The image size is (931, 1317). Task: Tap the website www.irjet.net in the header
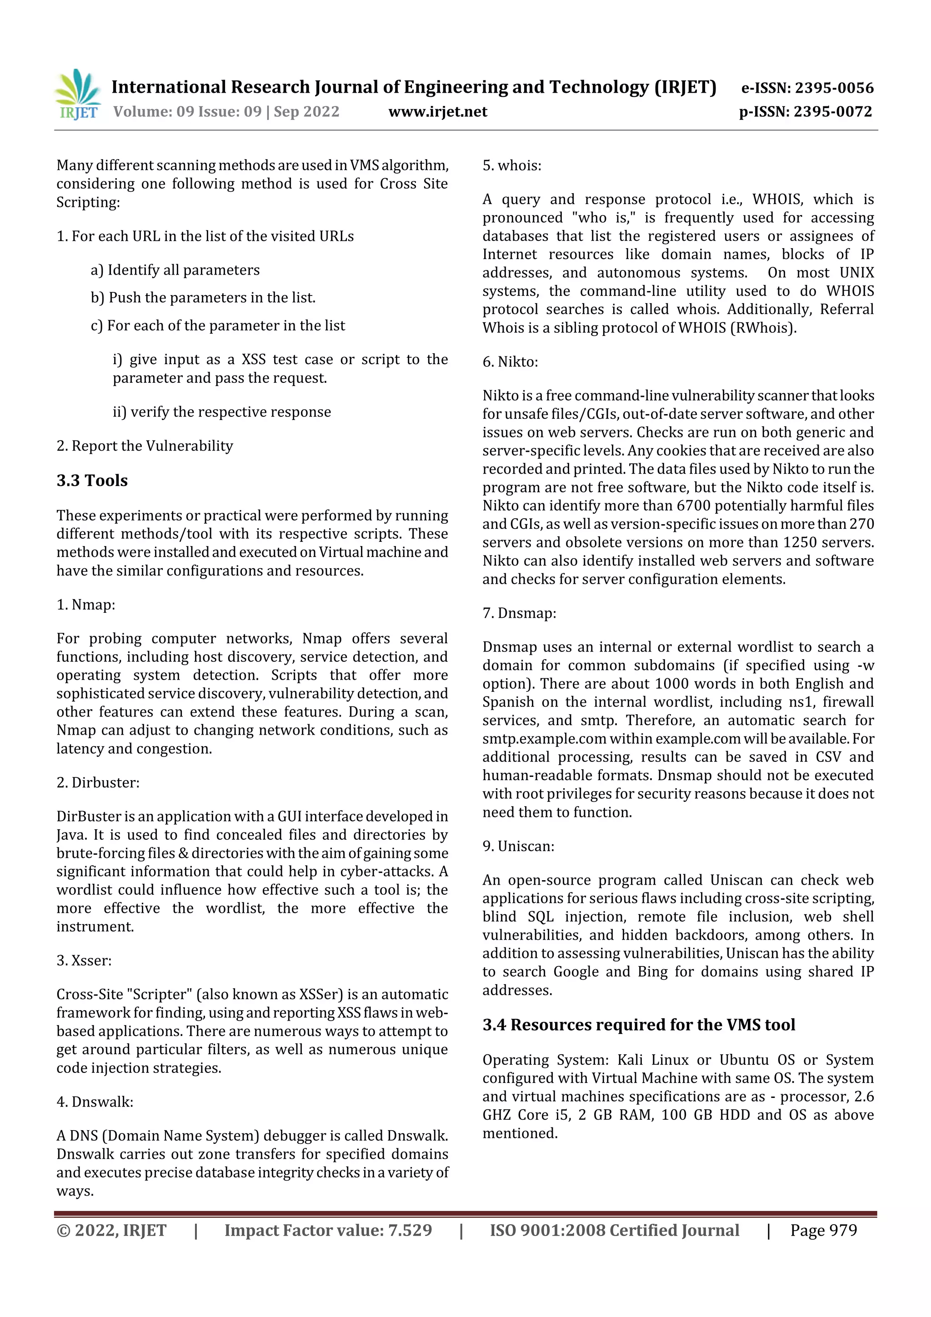coord(438,111)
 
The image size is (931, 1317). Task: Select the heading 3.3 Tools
coord(92,480)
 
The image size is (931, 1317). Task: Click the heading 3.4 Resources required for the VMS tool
coord(638,1025)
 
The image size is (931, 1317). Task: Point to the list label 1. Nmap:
coord(85,605)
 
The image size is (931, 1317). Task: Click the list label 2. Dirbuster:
coord(98,782)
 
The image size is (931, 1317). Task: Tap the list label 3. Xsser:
coord(84,960)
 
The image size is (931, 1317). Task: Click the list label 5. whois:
coord(512,166)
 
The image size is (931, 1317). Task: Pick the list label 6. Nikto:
coord(510,361)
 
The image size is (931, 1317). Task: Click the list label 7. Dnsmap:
coord(519,613)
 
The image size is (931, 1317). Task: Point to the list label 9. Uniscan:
coord(518,846)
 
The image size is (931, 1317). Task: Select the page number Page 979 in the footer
coord(823,1230)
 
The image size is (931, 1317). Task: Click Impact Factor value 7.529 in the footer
coord(328,1230)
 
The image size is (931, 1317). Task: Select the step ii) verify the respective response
coord(221,412)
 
